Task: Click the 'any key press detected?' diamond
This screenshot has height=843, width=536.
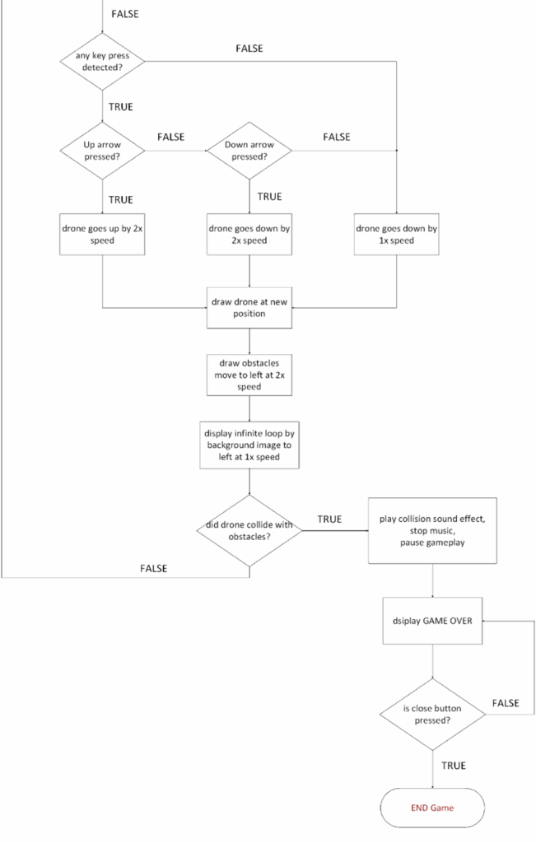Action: pos(102,61)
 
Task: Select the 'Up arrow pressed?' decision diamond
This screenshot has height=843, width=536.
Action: pos(102,151)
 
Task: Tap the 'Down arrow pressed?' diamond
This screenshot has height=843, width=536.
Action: pos(249,151)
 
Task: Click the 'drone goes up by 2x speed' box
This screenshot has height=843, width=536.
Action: pos(102,235)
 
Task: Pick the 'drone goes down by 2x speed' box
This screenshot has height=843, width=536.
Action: pos(249,235)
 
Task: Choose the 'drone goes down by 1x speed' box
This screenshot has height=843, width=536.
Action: pos(396,235)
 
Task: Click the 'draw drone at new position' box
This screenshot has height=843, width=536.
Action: pos(249,308)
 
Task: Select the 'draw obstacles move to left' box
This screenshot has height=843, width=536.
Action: pos(249,375)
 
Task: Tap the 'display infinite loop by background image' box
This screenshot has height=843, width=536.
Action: pos(249,445)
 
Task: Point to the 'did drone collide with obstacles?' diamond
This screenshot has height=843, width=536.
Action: pos(249,531)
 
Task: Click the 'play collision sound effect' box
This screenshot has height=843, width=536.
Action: pos(432,531)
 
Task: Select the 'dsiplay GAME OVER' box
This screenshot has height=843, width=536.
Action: pos(432,621)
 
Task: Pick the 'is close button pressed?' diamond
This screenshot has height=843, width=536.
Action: pos(432,715)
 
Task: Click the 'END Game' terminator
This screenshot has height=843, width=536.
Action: pos(432,808)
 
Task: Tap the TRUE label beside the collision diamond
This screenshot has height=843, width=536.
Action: pos(329,519)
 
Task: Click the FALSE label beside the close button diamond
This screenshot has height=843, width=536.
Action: pos(506,703)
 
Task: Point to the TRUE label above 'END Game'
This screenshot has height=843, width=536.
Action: pos(454,766)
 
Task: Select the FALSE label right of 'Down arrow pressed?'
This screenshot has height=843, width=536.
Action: pos(337,137)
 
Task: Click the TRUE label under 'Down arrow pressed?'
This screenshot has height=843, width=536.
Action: pos(269,197)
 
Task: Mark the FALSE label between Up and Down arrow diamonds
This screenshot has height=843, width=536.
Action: pos(171,137)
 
